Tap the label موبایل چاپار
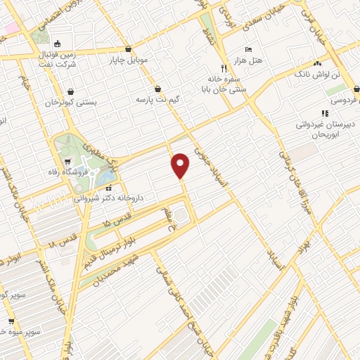click(128, 60)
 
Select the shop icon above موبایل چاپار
click(128, 49)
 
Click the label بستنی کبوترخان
click(70, 103)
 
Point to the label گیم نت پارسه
click(159, 101)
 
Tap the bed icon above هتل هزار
click(248, 50)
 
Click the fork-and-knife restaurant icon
click(224, 69)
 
